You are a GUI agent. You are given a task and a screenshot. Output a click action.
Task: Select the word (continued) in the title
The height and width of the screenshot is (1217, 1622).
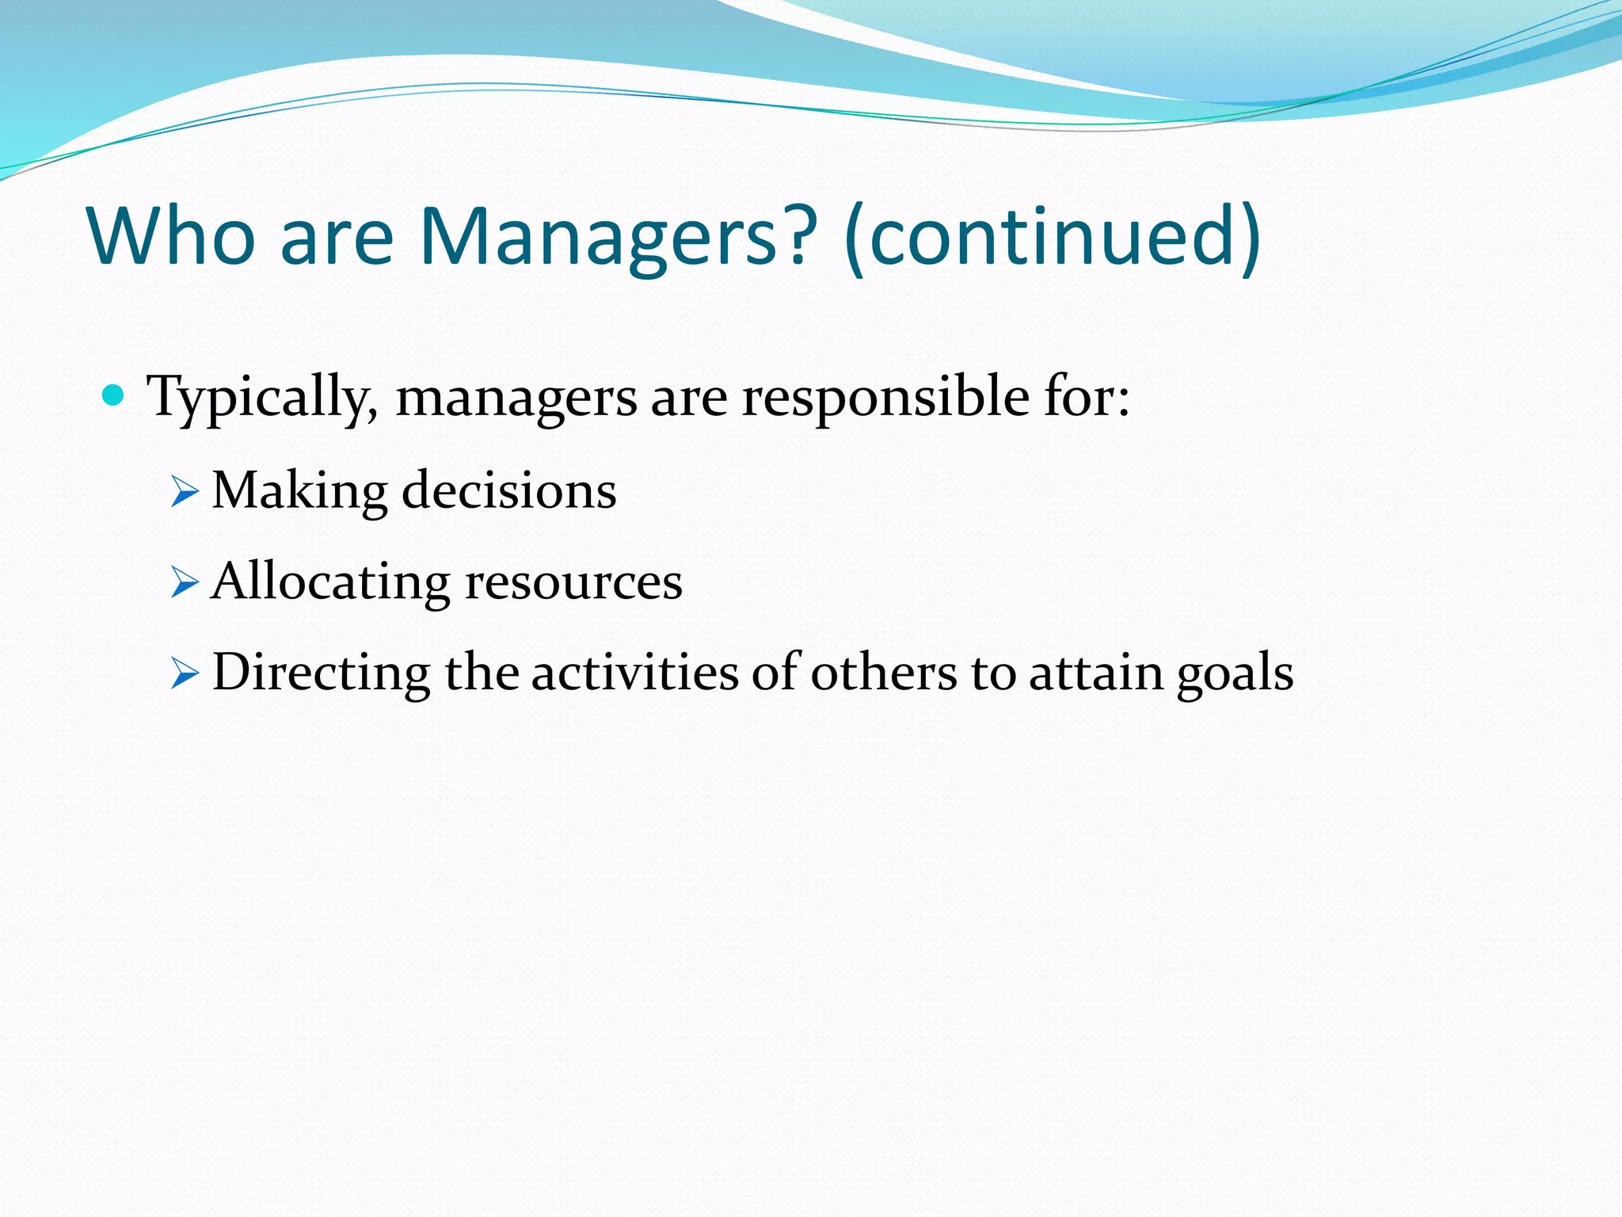(1053, 236)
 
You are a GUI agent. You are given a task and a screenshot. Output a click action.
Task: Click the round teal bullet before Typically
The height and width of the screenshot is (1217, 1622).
(114, 394)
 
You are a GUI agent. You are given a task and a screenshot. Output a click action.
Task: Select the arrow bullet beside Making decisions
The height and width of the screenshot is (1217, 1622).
(184, 493)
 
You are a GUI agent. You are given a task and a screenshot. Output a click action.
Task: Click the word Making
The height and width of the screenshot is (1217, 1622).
(299, 491)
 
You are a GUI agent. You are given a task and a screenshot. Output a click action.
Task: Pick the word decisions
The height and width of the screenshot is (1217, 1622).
(509, 491)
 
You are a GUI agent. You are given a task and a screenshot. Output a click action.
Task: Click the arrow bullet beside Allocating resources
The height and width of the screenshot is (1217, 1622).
(184, 584)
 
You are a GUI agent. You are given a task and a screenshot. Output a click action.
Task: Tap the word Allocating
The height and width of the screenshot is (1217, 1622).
(331, 582)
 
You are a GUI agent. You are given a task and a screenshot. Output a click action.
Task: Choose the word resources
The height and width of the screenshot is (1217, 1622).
(573, 582)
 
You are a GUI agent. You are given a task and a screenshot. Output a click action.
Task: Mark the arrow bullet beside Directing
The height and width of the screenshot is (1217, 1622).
(184, 675)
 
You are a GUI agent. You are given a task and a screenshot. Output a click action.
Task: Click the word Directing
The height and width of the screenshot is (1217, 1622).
(321, 673)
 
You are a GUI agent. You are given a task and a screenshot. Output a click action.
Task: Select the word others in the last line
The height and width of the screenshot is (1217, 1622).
(883, 673)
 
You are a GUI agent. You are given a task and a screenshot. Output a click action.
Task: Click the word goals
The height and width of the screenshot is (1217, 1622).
(1235, 673)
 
